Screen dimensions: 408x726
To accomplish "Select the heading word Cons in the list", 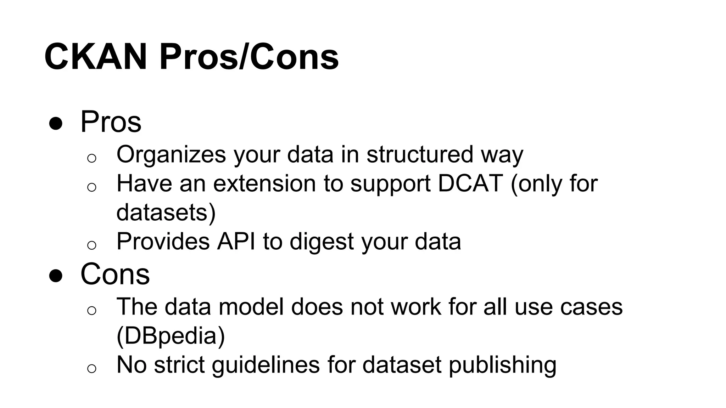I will coord(115,274).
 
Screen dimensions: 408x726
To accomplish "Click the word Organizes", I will coord(171,155).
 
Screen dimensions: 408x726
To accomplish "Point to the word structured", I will coord(420,155).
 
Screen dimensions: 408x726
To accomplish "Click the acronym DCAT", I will coord(470,184).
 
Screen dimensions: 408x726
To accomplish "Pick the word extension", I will coord(264,184).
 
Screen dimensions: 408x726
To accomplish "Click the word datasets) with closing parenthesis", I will coord(166,212).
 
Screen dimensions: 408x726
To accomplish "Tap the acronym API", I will coord(236,242).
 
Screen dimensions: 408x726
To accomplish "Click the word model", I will coord(251,307).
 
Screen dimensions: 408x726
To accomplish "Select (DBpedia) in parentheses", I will coord(171,336).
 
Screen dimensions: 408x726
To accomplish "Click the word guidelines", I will coord(266,365).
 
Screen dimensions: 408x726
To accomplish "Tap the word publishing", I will coord(502,365).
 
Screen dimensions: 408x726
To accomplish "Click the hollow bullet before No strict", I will coord(91,368).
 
